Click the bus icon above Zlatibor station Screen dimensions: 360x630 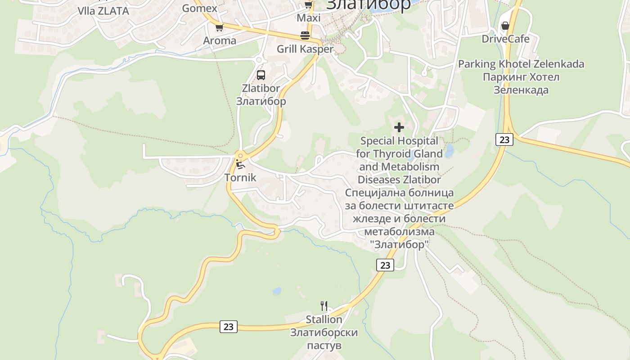[261, 75]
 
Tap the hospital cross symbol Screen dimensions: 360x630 [399, 127]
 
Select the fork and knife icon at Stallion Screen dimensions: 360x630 [324, 306]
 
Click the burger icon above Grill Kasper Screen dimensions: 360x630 [305, 36]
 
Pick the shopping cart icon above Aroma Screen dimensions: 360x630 [219, 28]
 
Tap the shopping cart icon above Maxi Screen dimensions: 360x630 [308, 5]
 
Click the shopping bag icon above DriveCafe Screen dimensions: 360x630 [505, 26]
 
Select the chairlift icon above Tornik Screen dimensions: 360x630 [240, 164]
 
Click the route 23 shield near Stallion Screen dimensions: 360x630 [229, 327]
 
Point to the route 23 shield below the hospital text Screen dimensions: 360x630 [385, 265]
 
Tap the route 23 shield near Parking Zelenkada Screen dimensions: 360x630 [504, 139]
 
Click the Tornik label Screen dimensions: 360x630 [240, 178]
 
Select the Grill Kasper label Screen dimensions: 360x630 [305, 49]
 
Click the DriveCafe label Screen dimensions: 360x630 [505, 39]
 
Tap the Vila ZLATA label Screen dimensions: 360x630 [103, 11]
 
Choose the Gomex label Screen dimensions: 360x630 [199, 8]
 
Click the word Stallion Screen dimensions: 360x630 [324, 319]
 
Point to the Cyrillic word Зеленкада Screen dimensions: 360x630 [521, 90]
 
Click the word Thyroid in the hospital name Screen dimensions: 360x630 [391, 154]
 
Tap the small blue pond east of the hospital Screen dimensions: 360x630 [449, 150]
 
